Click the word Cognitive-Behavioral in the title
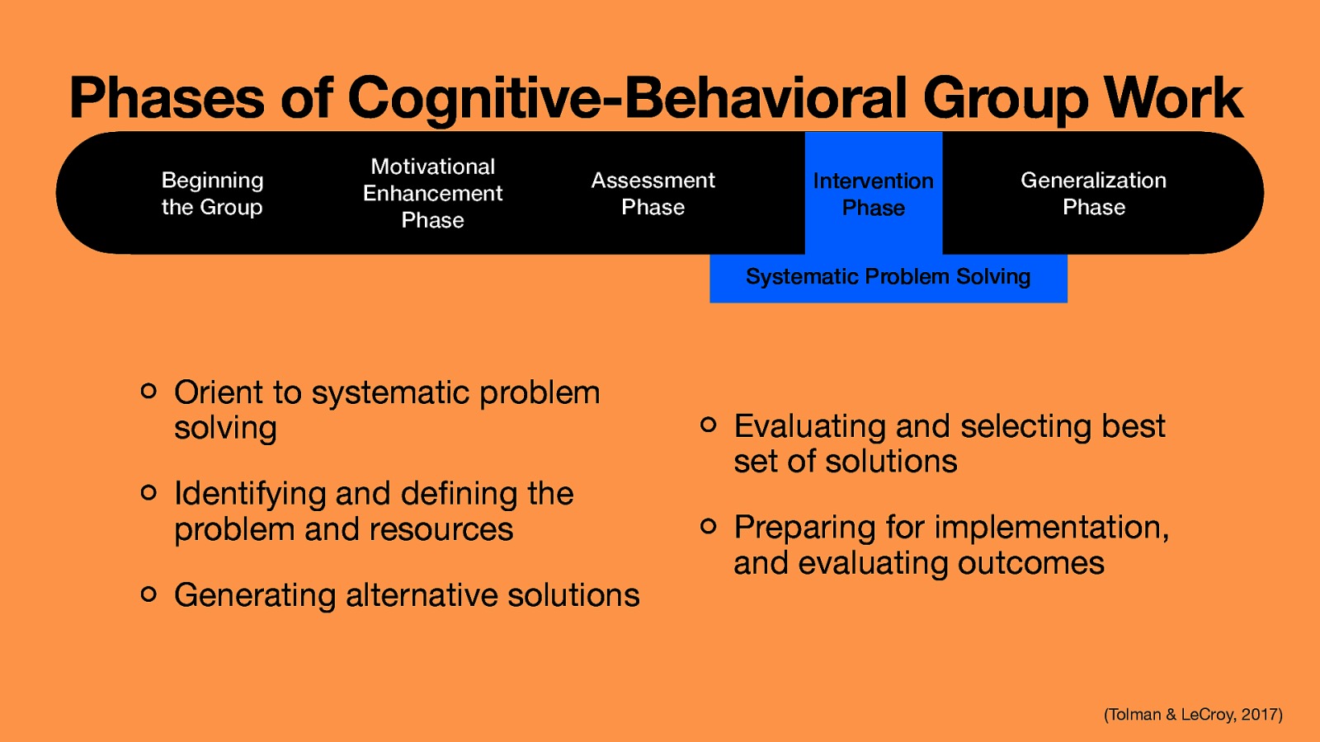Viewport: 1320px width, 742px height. pos(627,99)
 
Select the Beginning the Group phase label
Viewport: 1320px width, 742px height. pos(212,194)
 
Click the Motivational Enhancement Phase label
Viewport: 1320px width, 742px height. pos(432,194)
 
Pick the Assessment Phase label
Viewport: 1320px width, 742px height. pos(653,194)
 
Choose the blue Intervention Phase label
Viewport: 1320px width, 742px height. pos(873,194)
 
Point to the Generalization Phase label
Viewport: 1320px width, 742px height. pos(1093,194)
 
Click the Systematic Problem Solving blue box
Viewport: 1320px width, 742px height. pos(888,277)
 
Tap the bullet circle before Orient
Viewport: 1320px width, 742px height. pos(148,391)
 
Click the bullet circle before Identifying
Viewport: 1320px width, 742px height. pos(148,492)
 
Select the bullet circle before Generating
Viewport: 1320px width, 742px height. pos(148,594)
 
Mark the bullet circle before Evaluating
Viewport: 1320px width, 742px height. pos(708,425)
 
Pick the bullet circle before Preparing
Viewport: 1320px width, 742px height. pos(708,526)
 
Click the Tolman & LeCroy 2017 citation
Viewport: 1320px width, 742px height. pos(1193,715)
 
